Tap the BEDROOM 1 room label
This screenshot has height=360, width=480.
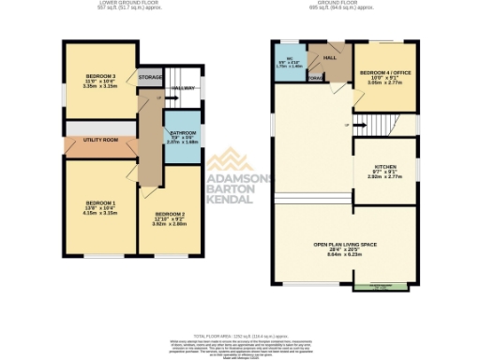pyautogui.click(x=101, y=202)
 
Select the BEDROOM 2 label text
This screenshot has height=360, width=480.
pyautogui.click(x=171, y=215)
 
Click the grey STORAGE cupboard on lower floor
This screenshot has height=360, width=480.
pyautogui.click(x=150, y=78)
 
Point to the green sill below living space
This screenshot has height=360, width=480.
pyautogui.click(x=379, y=287)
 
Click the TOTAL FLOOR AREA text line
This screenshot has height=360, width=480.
pyautogui.click(x=241, y=335)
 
